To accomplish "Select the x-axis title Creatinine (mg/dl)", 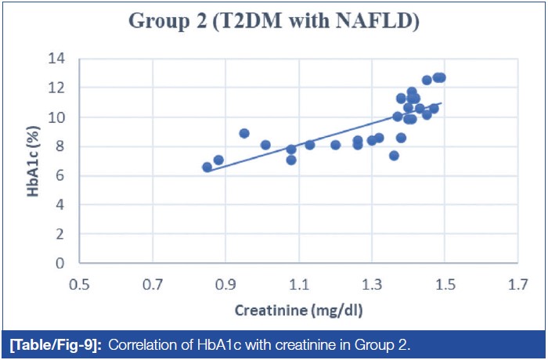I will (298, 309).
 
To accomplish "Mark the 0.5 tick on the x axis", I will (79, 284).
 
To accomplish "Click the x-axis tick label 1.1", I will (298, 284).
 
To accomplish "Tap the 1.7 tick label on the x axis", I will (517, 284).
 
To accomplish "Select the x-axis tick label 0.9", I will (225, 284).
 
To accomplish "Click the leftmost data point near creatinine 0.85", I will (207, 167).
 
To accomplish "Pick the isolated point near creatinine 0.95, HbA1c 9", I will (244, 133).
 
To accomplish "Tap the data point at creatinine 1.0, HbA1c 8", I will (265, 145).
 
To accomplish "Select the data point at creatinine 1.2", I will (335, 145).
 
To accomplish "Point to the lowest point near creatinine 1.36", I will (394, 156).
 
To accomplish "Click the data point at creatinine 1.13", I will (310, 145).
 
